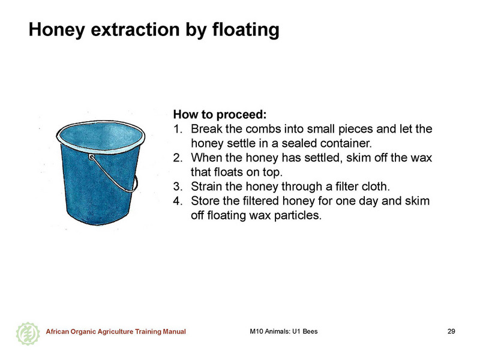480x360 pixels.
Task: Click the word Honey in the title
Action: pos(56,31)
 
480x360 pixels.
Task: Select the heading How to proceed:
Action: pos(220,115)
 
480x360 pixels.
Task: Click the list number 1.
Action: pos(178,129)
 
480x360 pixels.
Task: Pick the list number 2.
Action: pos(178,158)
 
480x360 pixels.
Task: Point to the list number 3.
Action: pos(178,187)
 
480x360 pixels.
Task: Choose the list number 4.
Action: pos(178,201)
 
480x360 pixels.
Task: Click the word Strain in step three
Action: pos(206,187)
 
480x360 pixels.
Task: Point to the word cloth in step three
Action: pos(376,187)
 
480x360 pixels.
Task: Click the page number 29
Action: pos(451,331)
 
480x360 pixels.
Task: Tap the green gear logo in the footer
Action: pos(28,334)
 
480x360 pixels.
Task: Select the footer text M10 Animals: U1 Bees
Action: pos(284,331)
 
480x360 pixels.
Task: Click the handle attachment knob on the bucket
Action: pos(91,157)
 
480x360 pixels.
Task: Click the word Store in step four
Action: pos(205,201)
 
